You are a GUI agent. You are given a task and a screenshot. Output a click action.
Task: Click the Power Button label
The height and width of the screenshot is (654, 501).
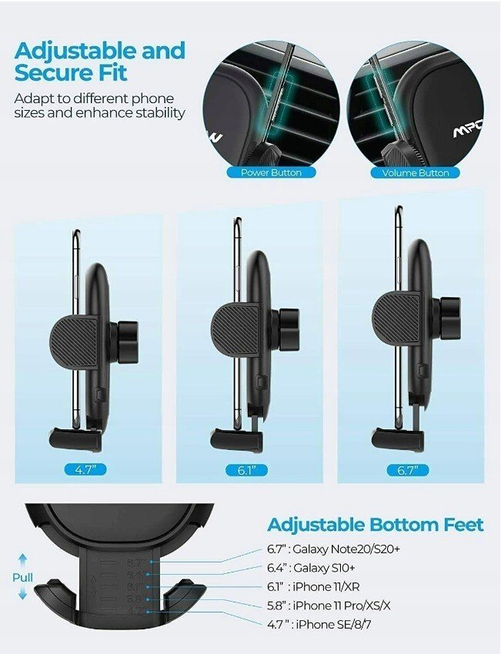point(271,172)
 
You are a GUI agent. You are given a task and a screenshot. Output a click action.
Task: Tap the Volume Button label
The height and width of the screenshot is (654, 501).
point(416,173)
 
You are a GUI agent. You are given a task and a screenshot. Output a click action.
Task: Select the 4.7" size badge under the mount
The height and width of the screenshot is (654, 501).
point(85,469)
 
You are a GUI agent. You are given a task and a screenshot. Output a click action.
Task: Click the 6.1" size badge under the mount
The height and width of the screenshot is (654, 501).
point(246,470)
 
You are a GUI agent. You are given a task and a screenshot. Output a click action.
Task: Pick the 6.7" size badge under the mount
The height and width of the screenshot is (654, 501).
point(408,470)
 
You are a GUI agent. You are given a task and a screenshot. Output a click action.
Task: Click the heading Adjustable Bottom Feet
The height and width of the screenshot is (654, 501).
point(376,525)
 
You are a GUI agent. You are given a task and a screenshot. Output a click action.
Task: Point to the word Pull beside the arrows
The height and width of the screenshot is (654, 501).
point(22,578)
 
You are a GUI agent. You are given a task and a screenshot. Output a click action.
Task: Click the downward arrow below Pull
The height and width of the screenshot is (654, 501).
point(23,592)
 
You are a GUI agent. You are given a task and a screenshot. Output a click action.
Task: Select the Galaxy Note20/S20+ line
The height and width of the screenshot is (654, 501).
point(333,549)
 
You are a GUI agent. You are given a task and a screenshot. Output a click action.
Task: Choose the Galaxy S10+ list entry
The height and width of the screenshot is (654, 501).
point(311,568)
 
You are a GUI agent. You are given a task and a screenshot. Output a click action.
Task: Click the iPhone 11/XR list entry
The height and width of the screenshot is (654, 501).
point(313,587)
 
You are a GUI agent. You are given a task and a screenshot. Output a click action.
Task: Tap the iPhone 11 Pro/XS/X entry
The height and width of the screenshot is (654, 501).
point(329,606)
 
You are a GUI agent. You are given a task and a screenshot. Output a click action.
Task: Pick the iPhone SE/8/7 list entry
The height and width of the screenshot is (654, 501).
point(319,625)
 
